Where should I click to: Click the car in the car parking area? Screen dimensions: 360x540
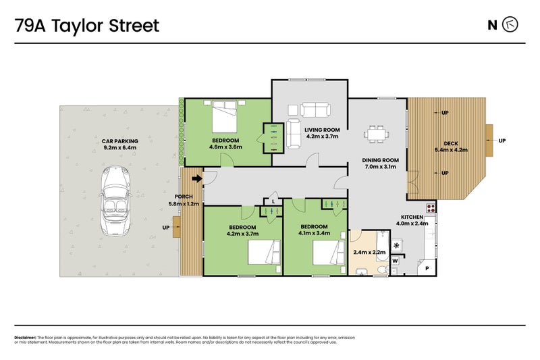pyautogui.click(x=115, y=203)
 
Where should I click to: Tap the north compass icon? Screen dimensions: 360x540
pyautogui.click(x=512, y=26)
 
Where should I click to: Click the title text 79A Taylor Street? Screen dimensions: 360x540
pyautogui.click(x=87, y=26)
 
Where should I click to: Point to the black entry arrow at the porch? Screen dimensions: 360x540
pyautogui.click(x=197, y=179)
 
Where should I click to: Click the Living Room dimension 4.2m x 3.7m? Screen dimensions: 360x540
pyautogui.click(x=322, y=136)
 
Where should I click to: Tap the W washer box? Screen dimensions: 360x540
pyautogui.click(x=395, y=260)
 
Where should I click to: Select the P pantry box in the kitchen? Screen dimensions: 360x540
pyautogui.click(x=427, y=267)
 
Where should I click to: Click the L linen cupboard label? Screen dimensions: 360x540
pyautogui.click(x=273, y=201)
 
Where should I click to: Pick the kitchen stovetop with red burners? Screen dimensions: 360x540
pyautogui.click(x=430, y=207)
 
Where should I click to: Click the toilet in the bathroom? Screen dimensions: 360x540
pyautogui.click(x=383, y=270)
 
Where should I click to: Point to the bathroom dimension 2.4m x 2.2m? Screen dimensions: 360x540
pyautogui.click(x=369, y=252)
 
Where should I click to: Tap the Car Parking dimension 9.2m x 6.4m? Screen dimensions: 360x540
pyautogui.click(x=119, y=147)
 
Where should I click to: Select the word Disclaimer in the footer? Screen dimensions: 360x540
pyautogui.click(x=25, y=337)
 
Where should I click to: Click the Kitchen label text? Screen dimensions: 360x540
pyautogui.click(x=412, y=217)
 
